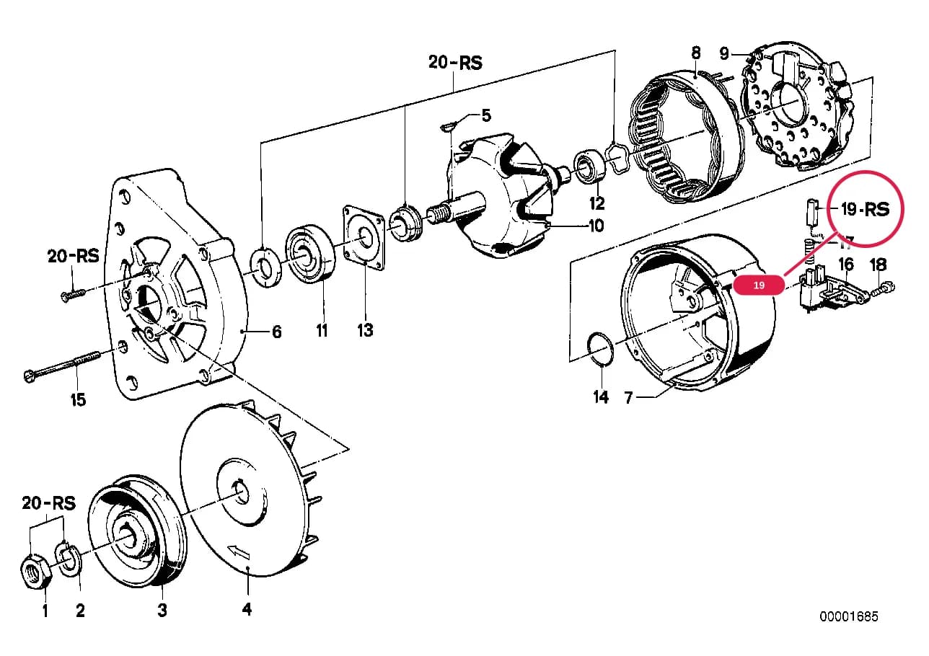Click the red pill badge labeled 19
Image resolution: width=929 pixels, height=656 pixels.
tap(759, 285)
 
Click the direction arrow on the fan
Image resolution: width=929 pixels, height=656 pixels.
tap(239, 551)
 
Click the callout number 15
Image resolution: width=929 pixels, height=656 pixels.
tap(78, 399)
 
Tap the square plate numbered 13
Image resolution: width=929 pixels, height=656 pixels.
tap(364, 237)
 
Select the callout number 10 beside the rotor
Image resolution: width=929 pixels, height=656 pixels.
tap(596, 226)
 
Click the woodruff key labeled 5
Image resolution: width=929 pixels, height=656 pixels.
tap(448, 125)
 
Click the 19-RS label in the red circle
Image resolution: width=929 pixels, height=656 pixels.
tap(865, 209)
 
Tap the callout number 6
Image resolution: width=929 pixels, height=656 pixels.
tap(277, 332)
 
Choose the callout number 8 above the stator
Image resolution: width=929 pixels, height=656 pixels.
tap(696, 53)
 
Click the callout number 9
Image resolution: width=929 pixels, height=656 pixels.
tap(723, 53)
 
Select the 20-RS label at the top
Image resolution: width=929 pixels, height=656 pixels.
tap(455, 63)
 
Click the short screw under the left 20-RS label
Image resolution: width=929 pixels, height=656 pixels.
tap(74, 296)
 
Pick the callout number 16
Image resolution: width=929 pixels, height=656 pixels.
tap(846, 264)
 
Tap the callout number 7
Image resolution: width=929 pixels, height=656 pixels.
tap(629, 398)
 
